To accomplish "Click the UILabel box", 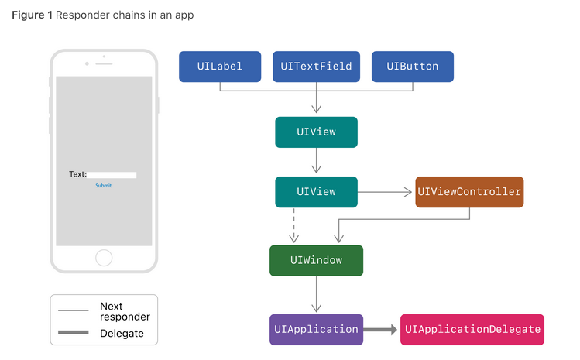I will click(x=220, y=67).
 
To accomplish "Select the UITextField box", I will click(x=317, y=67).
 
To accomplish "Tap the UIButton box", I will click(x=413, y=67).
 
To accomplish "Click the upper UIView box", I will click(x=316, y=132).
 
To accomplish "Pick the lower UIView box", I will click(x=316, y=192).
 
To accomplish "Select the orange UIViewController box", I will click(x=469, y=192).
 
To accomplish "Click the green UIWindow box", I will click(x=316, y=261).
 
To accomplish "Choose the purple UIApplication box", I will click(x=316, y=330).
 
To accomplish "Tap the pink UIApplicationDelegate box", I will click(x=472, y=330).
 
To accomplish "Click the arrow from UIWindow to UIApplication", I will click(x=316, y=295).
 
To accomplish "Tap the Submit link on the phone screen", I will click(x=103, y=186).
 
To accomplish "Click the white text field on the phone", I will click(x=112, y=175).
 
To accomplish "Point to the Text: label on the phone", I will click(x=77, y=175).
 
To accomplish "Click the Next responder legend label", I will click(x=125, y=312).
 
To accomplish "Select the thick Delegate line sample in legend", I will click(x=74, y=334).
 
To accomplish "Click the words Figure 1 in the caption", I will click(x=32, y=15).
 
